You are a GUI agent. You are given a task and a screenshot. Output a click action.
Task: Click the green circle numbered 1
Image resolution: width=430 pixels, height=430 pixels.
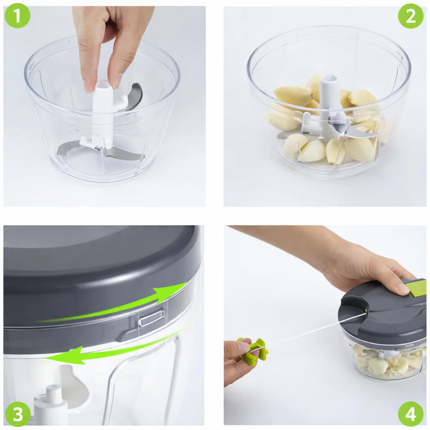point(17,16)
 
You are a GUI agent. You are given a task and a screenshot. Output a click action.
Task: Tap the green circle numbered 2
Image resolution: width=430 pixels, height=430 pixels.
point(411,16)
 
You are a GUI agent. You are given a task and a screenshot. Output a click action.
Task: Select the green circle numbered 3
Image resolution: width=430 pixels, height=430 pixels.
point(18,414)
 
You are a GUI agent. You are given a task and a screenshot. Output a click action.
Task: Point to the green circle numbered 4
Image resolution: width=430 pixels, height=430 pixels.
point(411,414)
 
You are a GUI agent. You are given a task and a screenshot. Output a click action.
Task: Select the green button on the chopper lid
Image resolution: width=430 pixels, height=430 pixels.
point(415,288)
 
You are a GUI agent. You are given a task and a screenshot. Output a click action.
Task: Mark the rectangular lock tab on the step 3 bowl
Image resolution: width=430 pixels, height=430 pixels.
point(152,317)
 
